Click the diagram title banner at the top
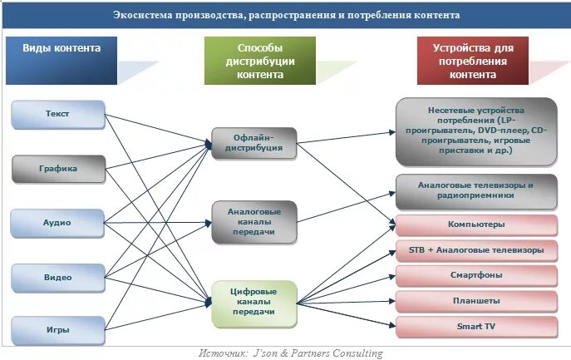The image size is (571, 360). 286,16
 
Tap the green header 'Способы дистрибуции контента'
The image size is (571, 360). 260,61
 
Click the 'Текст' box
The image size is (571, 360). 58,114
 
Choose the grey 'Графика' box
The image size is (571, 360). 58,168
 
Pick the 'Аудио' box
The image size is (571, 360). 58,222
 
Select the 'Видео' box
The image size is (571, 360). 58,277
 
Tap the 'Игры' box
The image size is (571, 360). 58,330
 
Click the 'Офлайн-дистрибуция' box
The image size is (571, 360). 254,143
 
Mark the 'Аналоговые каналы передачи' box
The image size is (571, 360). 254,222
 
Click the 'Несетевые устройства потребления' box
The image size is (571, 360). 475,131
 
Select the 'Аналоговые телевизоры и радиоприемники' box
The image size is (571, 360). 475,190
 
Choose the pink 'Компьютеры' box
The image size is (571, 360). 475,224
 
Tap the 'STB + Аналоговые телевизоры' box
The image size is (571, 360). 475,250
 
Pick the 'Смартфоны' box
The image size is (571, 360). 475,275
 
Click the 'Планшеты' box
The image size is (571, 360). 475,301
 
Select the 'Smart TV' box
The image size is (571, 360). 475,326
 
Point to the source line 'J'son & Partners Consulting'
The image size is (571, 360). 291,353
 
